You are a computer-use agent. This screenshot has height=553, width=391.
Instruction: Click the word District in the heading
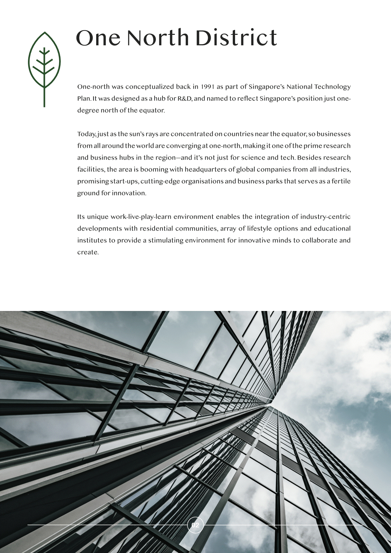pyautogui.click(x=236, y=38)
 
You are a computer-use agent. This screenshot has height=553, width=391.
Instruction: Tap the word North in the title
pyautogui.click(x=158, y=38)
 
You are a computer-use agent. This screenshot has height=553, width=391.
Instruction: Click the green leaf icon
pyautogui.click(x=44, y=62)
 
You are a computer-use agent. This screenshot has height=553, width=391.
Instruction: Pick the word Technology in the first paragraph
pyautogui.click(x=332, y=87)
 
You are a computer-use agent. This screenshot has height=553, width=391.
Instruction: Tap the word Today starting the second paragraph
pyautogui.click(x=86, y=134)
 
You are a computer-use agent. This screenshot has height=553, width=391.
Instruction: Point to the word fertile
pyautogui.click(x=341, y=181)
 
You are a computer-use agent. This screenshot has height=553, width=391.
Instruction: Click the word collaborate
pyautogui.click(x=319, y=240)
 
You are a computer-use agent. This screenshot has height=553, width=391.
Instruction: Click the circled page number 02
pyautogui.click(x=195, y=525)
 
